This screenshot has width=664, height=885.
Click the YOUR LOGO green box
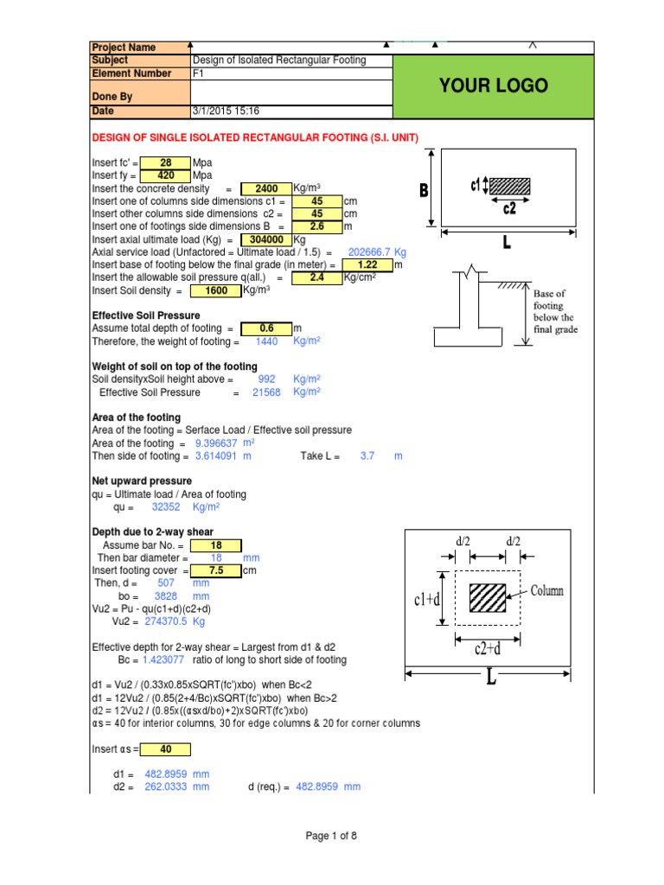pos(494,86)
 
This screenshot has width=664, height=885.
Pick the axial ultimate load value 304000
pos(266,239)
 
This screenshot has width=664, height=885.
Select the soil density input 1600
pos(216,291)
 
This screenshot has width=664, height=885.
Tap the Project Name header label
pos(124,48)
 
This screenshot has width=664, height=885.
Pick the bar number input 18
pos(216,545)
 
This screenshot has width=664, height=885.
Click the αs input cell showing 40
pos(165,749)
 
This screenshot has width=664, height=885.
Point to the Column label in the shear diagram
pos(546,591)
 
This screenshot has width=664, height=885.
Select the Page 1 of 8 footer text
pos(331,836)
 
